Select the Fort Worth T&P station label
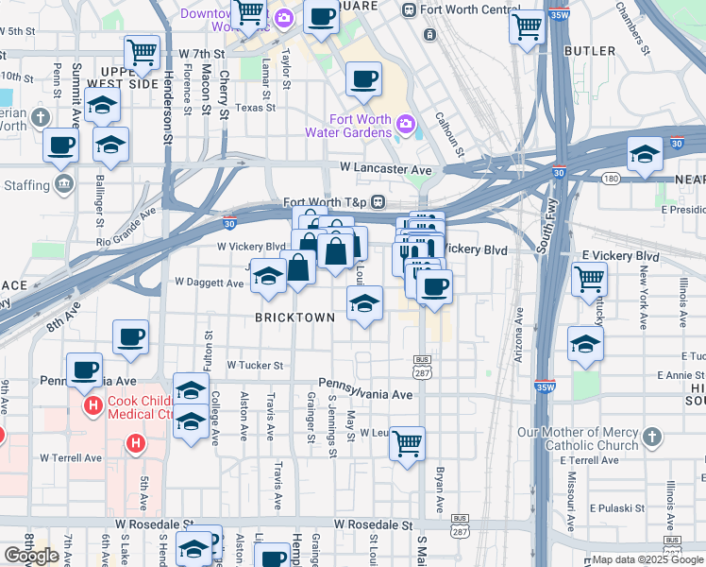tap(326, 202)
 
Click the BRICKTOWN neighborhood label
tap(294, 318)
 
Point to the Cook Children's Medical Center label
tap(142, 406)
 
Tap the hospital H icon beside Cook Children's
tap(93, 406)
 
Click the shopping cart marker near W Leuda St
tap(407, 442)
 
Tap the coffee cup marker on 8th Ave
tap(130, 336)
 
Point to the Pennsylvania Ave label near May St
tap(365, 394)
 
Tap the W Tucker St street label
tap(254, 365)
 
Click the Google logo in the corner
tap(31, 556)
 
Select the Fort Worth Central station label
tap(460, 9)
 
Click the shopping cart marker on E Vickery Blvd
tap(589, 279)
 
